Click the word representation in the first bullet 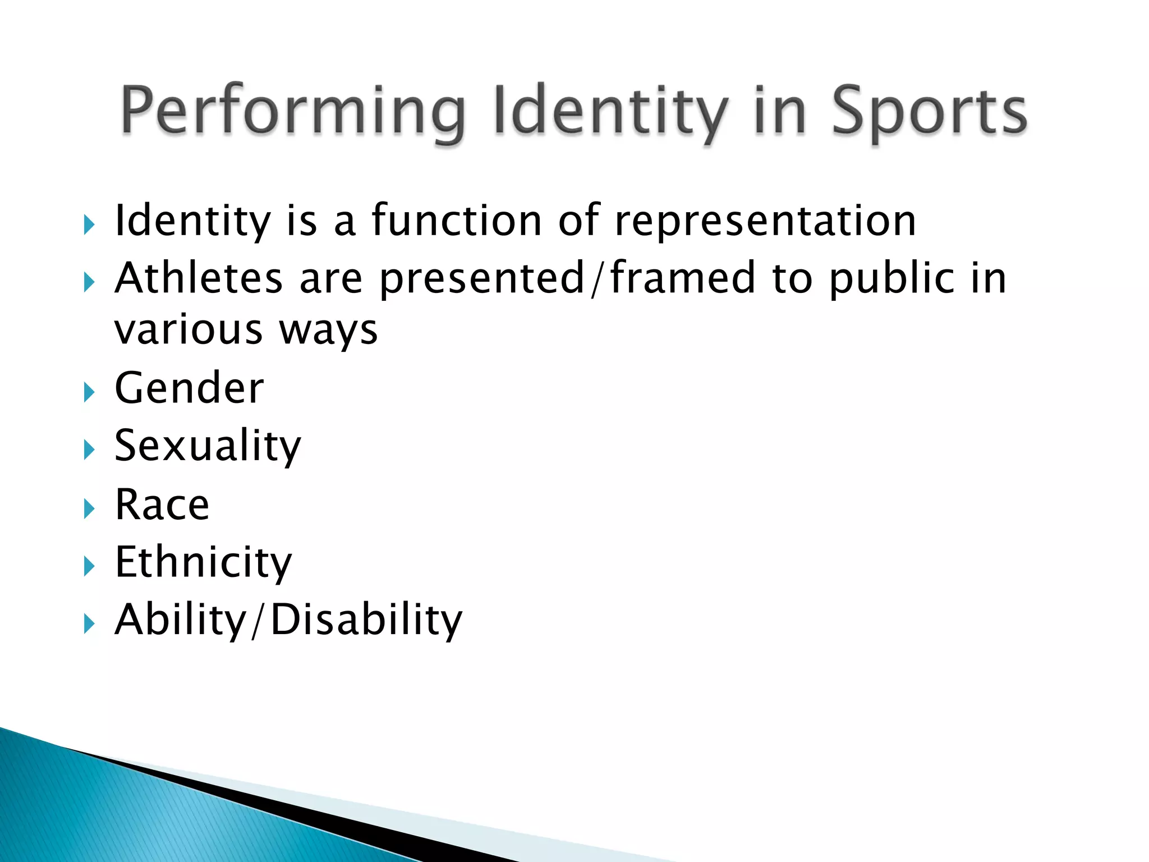[765, 221]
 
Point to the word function [457, 220]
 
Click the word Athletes [199, 278]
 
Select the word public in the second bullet [891, 278]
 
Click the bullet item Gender [189, 388]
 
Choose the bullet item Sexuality [208, 446]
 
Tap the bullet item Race [162, 505]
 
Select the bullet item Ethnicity [203, 562]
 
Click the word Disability [366, 620]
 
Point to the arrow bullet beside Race [89, 508]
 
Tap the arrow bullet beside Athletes [89, 282]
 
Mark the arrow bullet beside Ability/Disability [89, 623]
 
